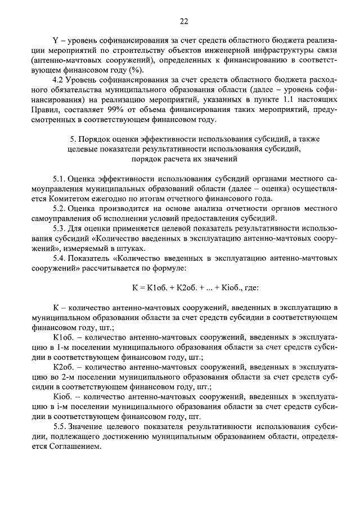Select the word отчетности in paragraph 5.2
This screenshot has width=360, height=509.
[191, 209]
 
